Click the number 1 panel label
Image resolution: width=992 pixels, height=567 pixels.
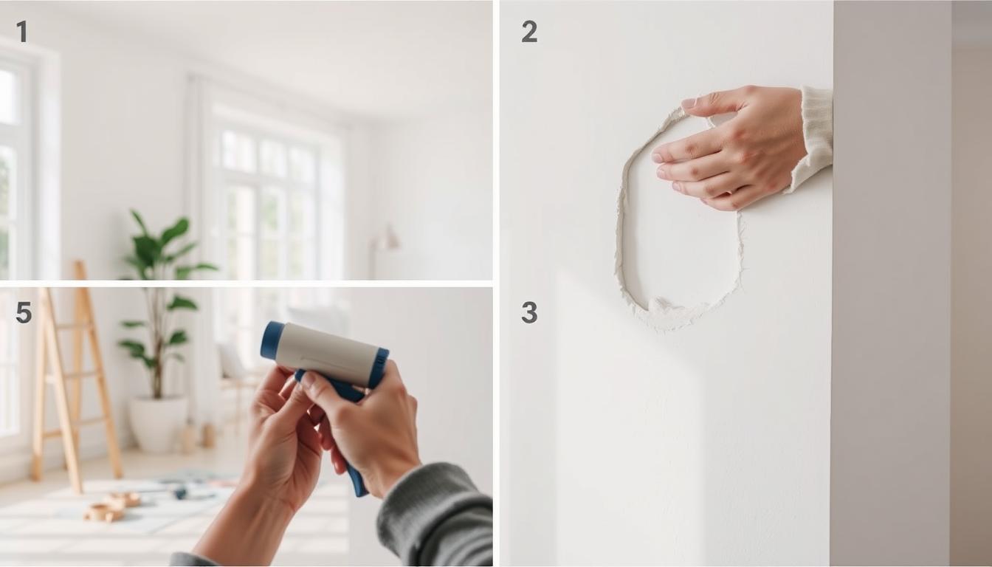(x=22, y=32)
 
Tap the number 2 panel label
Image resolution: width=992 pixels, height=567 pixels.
(x=529, y=32)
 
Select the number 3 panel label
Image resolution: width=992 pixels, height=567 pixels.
(x=529, y=313)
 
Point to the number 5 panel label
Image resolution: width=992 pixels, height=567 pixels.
(x=24, y=313)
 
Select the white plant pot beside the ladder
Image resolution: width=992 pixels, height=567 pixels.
(x=159, y=423)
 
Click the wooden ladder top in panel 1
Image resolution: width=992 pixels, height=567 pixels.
(x=80, y=269)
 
